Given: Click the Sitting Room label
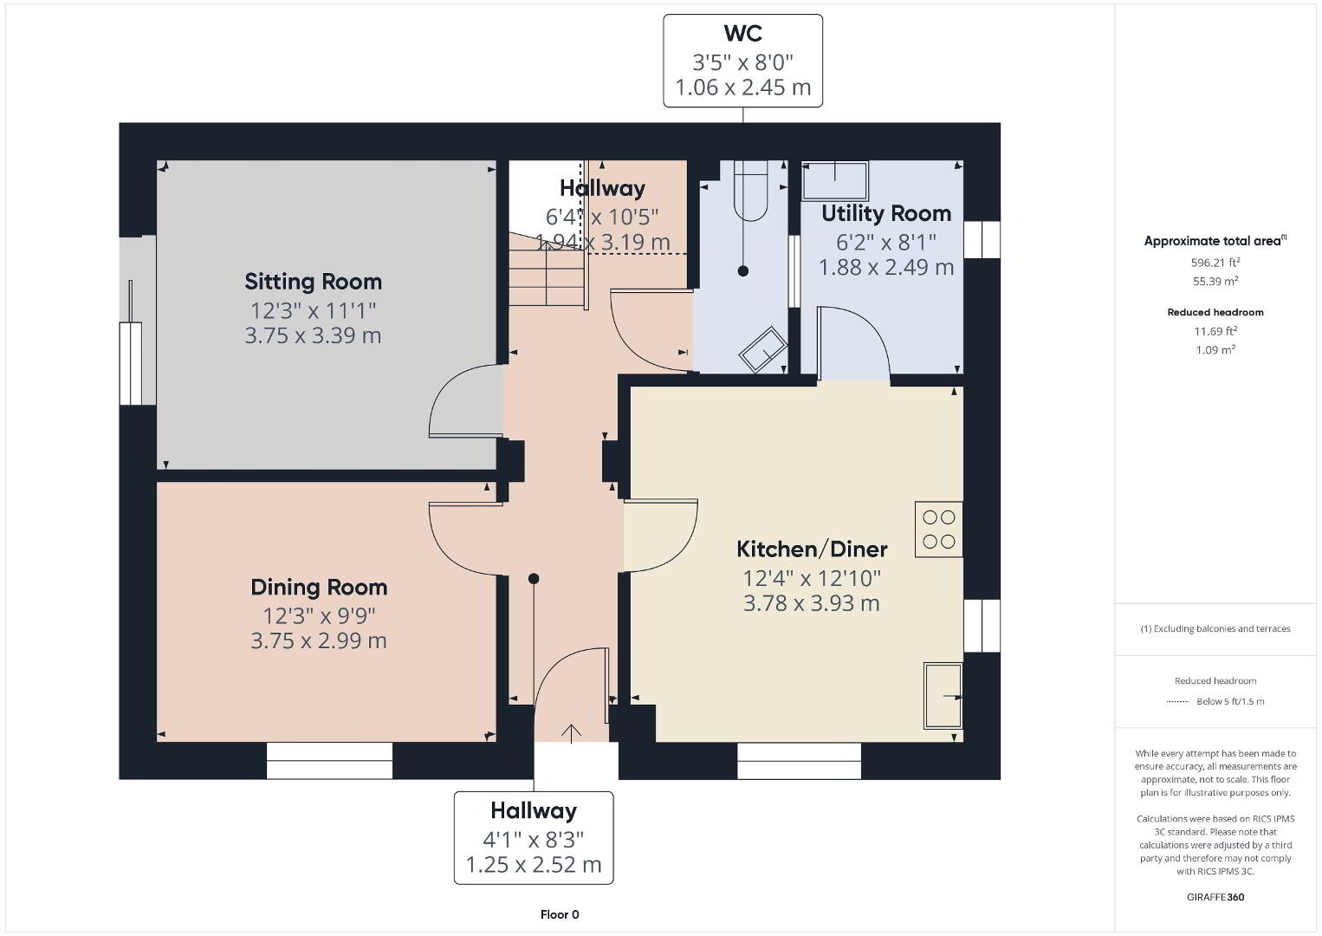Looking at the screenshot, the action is (x=314, y=282).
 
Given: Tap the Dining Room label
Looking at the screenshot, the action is (x=319, y=587).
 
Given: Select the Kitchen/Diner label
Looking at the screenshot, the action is (x=812, y=549).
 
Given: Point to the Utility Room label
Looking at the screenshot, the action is (x=886, y=213).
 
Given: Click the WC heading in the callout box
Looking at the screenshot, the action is (x=742, y=33).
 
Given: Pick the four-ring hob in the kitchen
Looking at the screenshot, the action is (x=938, y=530).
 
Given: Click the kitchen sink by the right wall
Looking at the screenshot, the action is (x=943, y=696).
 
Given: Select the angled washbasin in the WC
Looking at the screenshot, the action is (x=763, y=349).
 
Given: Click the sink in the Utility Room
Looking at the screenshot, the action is (x=835, y=180).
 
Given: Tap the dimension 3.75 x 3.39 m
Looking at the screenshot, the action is (x=313, y=335).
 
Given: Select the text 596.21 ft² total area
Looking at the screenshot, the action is (x=1215, y=263).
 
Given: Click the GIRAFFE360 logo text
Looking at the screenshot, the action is (x=1215, y=897).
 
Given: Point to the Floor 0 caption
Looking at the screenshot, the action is (x=560, y=914).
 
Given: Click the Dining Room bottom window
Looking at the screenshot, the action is (x=329, y=761).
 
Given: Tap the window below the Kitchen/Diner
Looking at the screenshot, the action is (x=799, y=761).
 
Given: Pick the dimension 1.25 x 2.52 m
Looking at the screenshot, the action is (x=534, y=865).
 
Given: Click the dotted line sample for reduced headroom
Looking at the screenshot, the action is (x=1178, y=701).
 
